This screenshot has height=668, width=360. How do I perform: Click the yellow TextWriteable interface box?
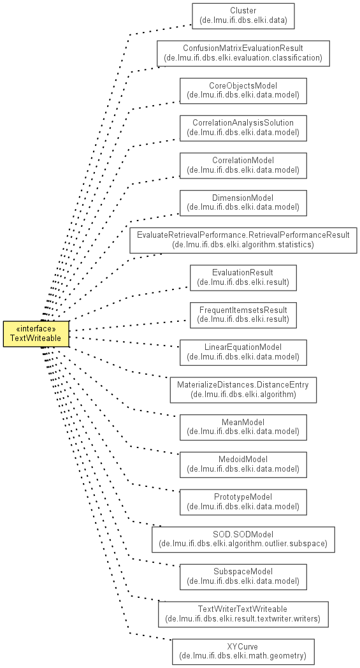[36, 334]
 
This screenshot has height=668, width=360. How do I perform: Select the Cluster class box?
[243, 16]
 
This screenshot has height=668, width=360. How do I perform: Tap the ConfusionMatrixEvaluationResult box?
[243, 54]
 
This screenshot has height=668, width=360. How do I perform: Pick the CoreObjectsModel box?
[243, 91]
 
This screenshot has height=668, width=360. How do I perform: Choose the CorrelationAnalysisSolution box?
[243, 128]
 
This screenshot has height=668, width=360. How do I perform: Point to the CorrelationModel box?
[243, 166]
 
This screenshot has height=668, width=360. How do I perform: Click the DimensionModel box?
[243, 203]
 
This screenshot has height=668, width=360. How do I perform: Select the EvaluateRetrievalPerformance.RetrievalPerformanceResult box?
[243, 240]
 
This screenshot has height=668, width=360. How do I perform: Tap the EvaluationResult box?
[243, 278]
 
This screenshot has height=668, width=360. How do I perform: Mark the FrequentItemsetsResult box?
[243, 316]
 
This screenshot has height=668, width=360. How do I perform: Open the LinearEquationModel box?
[243, 352]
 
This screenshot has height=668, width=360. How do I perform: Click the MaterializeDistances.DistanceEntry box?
[243, 390]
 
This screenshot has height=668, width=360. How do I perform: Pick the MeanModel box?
[243, 427]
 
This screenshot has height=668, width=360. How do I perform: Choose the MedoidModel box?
[243, 465]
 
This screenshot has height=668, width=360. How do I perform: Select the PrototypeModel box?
[243, 502]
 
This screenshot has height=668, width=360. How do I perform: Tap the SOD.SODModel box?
[243, 540]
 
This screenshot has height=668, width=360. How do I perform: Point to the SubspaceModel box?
[243, 577]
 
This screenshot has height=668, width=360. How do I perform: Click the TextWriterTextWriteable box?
[243, 614]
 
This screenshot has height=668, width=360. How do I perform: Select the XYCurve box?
[243, 652]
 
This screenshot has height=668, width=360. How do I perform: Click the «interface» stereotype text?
[36, 329]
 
